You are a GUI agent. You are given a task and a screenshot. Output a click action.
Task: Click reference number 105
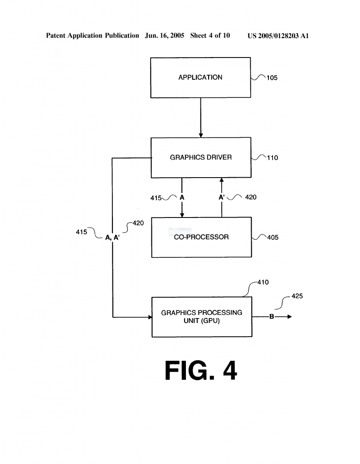(272, 78)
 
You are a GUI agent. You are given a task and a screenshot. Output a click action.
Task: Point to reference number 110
(272, 158)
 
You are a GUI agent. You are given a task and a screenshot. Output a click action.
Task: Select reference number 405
(272, 237)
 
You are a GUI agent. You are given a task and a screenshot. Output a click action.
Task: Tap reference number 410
(263, 282)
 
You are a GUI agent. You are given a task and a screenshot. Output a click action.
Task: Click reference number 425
(297, 296)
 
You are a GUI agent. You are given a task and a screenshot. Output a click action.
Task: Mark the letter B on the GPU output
(272, 317)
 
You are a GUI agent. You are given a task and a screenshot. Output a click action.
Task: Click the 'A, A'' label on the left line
(112, 237)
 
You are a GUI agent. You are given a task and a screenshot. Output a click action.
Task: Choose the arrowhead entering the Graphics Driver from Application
(201, 135)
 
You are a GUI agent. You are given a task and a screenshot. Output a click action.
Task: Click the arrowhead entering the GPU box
(150, 317)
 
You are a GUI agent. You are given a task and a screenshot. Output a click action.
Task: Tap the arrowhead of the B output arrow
(290, 317)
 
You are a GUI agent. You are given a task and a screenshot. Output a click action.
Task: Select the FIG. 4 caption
(201, 370)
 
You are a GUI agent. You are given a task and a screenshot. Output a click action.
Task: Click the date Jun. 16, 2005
(165, 35)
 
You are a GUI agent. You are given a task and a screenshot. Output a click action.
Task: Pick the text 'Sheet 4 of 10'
(210, 35)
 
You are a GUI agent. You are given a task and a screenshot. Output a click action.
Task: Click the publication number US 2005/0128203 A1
(278, 36)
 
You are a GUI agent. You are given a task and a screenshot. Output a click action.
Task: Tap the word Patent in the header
(56, 35)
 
